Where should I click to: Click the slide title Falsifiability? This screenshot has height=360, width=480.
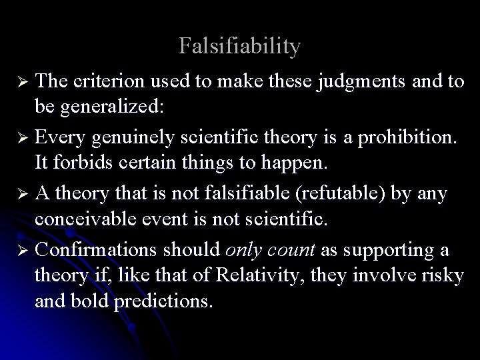(240, 47)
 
